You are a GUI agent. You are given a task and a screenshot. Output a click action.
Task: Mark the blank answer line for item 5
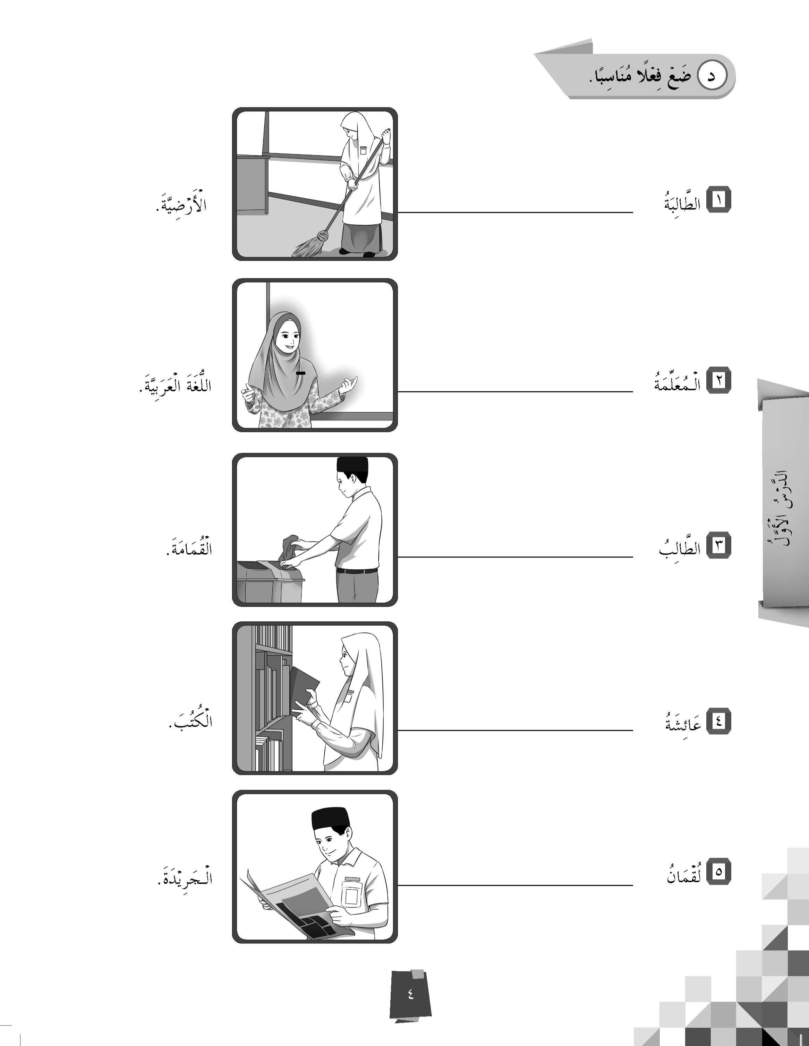tap(515, 885)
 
